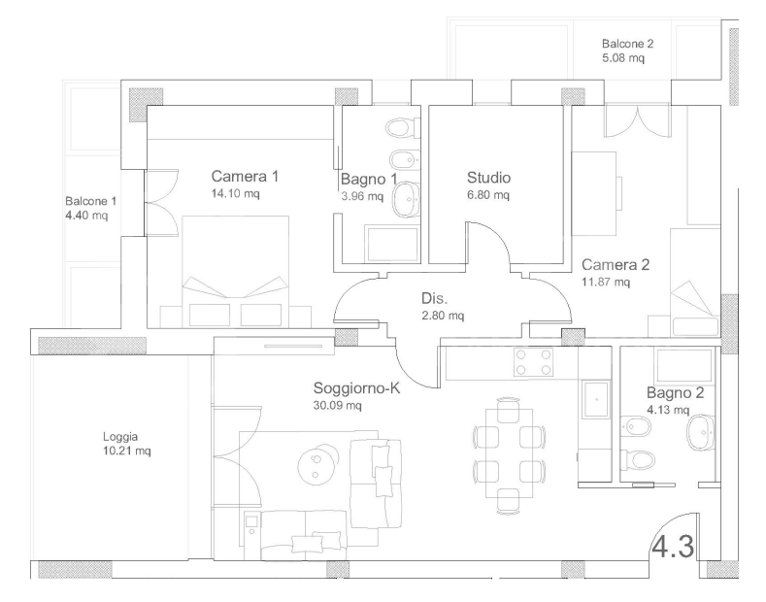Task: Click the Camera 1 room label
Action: [x=245, y=176]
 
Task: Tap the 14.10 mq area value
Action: [x=235, y=193]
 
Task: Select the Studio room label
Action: [x=488, y=178]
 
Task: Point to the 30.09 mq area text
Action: [x=337, y=405]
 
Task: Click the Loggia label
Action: [x=120, y=437]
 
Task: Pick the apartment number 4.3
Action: [x=673, y=547]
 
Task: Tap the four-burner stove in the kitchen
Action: [x=533, y=362]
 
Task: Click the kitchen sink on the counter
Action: [x=596, y=399]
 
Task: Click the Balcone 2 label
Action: [x=627, y=44]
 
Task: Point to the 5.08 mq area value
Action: [x=623, y=58]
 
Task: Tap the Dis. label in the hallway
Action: [x=434, y=298]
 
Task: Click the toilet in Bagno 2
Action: [x=637, y=459]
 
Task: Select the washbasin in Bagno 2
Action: [x=701, y=432]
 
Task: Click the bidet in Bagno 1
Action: [x=405, y=160]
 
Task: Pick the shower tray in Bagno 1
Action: [x=393, y=244]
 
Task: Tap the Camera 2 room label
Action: [x=616, y=264]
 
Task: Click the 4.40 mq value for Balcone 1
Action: [x=86, y=215]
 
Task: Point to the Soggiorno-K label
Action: [x=356, y=388]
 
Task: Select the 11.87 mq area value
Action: [x=606, y=282]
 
